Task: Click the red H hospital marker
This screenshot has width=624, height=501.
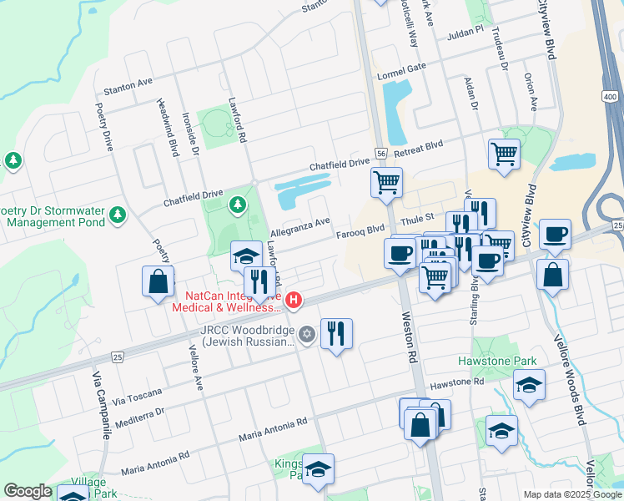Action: point(293,299)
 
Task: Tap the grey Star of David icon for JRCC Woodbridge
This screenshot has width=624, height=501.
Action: point(306,335)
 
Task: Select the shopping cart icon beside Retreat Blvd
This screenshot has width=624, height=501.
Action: point(504,154)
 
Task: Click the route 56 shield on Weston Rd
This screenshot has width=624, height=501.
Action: point(380,154)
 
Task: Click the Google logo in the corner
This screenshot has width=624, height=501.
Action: point(28,491)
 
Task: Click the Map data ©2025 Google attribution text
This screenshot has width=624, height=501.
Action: point(571,494)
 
